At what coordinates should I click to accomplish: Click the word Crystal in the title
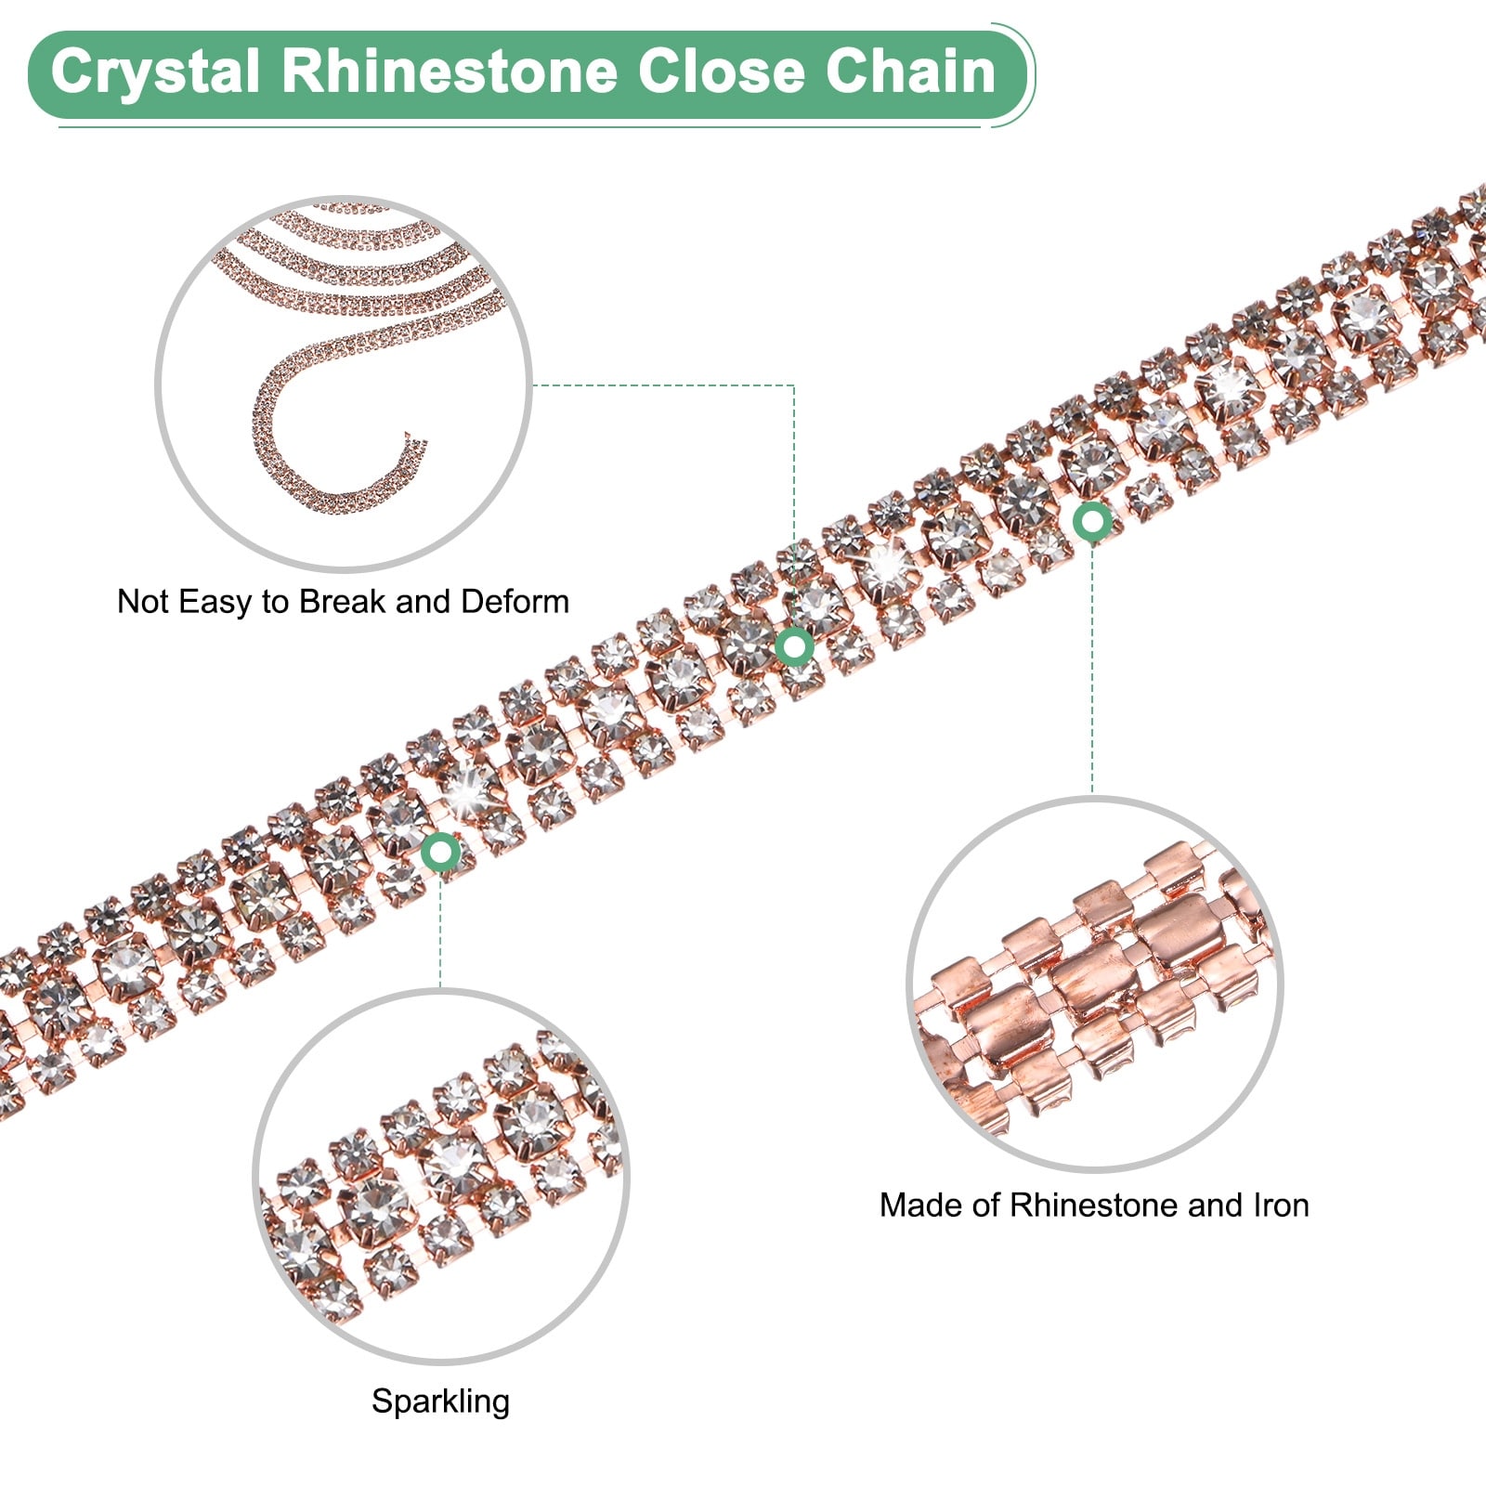(x=154, y=72)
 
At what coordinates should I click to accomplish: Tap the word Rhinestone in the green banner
(x=450, y=72)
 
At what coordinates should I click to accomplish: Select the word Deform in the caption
(x=515, y=602)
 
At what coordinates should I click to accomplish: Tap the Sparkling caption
(x=440, y=1401)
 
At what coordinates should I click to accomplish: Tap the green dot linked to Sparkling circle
(x=441, y=851)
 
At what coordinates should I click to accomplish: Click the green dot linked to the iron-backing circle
(x=1092, y=522)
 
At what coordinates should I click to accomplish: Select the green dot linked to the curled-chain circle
(x=795, y=645)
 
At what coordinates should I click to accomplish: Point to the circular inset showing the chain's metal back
(x=1095, y=984)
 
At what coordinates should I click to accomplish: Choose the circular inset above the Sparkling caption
(x=441, y=1177)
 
